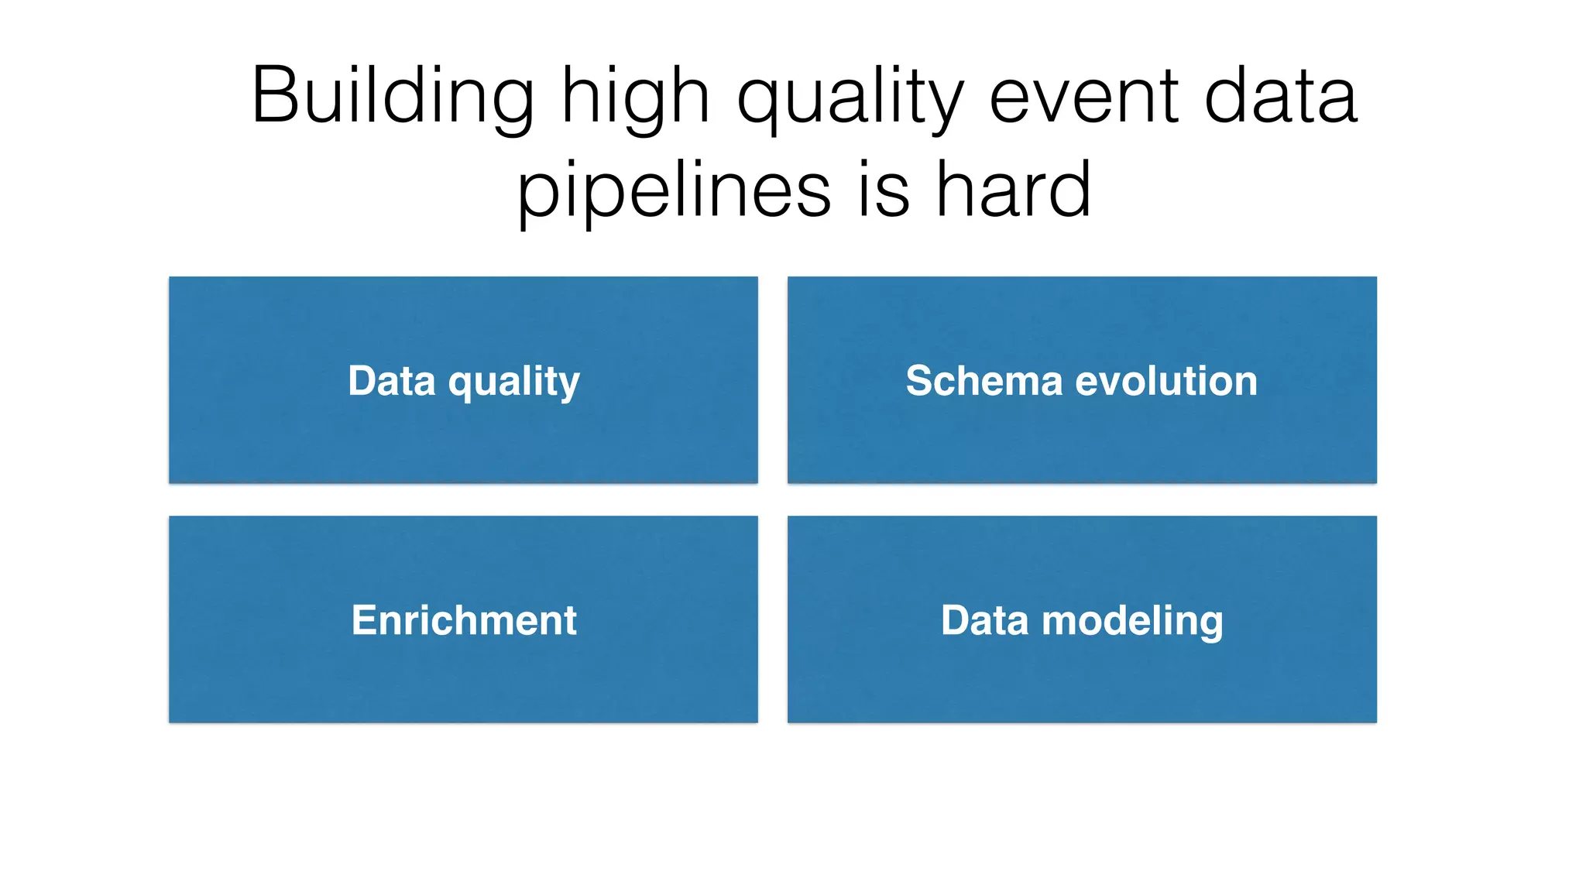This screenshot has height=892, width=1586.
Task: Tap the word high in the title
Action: tap(635, 96)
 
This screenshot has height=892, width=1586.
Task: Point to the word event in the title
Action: tap(1084, 96)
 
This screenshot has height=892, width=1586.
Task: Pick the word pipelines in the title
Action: tap(674, 190)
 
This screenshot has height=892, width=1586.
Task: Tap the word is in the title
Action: tap(884, 190)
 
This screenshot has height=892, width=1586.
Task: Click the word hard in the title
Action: tap(1014, 190)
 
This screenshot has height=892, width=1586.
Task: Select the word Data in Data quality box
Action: tap(392, 381)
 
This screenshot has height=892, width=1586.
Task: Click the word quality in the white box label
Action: tap(514, 383)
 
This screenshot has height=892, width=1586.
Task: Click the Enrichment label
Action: tap(464, 620)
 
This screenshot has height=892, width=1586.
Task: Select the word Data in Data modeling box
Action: tap(984, 620)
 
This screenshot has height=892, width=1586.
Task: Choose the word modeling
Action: tap(1132, 622)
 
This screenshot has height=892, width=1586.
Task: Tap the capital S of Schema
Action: tap(919, 381)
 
